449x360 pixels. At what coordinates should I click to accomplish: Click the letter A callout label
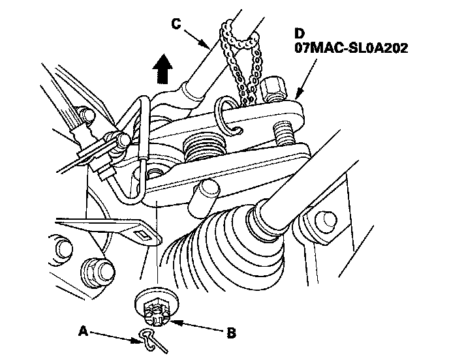(x=83, y=331)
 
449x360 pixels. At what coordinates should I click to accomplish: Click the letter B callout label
(x=231, y=333)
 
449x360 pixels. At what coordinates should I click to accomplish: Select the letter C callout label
(x=176, y=23)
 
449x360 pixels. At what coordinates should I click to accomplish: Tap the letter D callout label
(x=300, y=33)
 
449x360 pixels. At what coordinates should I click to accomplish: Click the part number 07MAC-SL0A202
(x=351, y=48)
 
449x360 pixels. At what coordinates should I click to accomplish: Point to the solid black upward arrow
(x=163, y=68)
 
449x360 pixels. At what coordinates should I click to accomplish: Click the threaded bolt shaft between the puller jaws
(x=285, y=133)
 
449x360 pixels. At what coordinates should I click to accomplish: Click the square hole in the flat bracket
(x=144, y=235)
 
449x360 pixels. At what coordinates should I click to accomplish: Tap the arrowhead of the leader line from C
(x=205, y=44)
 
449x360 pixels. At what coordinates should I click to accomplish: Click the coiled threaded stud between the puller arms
(x=203, y=148)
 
